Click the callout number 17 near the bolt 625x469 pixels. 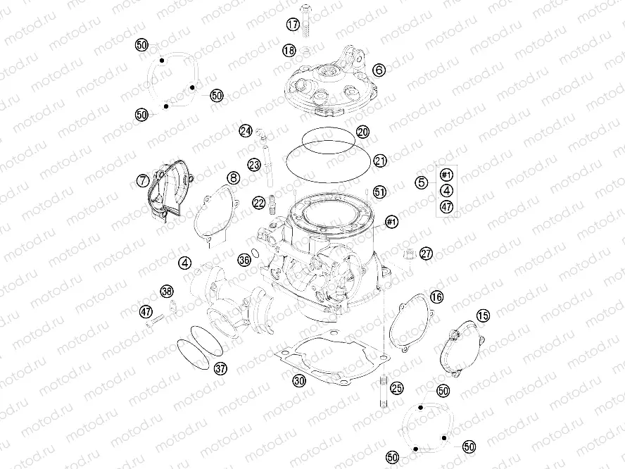pyautogui.click(x=293, y=25)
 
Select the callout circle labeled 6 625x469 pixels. pyautogui.click(x=379, y=70)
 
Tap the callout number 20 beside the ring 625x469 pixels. pyautogui.click(x=362, y=132)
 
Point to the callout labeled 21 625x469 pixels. pyautogui.click(x=380, y=161)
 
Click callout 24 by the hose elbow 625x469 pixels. pyautogui.click(x=245, y=131)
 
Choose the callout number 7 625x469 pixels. pyautogui.click(x=143, y=181)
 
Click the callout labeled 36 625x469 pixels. pyautogui.click(x=244, y=260)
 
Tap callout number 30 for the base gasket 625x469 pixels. pyautogui.click(x=299, y=381)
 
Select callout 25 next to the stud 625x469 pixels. pyautogui.click(x=397, y=387)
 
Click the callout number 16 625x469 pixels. pyautogui.click(x=437, y=297)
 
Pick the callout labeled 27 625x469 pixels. pyautogui.click(x=427, y=254)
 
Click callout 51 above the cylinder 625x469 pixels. pyautogui.click(x=380, y=192)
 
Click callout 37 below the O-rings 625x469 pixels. pyautogui.click(x=220, y=368)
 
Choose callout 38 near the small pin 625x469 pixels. pyautogui.click(x=166, y=292)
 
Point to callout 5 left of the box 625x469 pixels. pyautogui.click(x=422, y=182)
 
